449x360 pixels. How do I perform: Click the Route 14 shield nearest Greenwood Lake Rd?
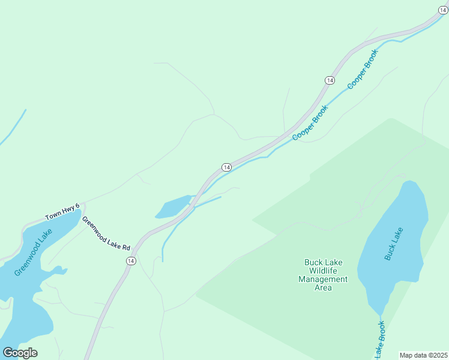point(131,260)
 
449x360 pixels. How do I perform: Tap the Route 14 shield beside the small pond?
point(226,167)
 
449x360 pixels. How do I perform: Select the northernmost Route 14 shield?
point(330,80)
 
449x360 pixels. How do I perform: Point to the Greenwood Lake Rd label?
point(106,233)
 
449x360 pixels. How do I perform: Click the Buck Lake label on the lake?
point(394,243)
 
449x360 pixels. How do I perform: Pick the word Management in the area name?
point(323,279)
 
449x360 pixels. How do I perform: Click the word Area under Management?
point(323,287)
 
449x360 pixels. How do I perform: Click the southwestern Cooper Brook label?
point(311,123)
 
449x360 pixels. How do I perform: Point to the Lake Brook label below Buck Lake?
point(380,341)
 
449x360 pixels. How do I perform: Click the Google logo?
point(20,352)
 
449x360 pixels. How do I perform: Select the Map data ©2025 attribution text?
point(424,355)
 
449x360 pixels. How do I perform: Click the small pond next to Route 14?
point(173,207)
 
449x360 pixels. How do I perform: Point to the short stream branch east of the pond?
point(207,202)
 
